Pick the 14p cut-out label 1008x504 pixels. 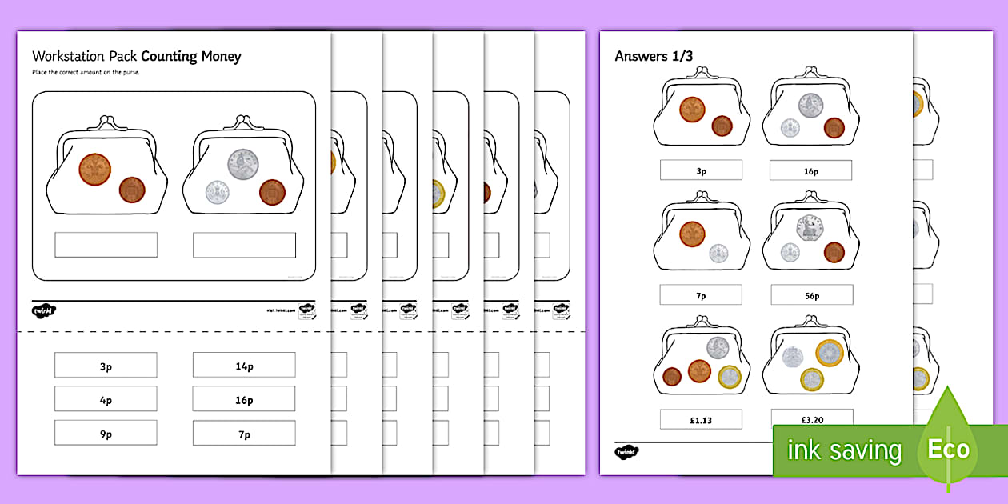coord(244,366)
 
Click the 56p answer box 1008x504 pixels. coord(811,295)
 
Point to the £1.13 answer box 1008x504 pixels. coord(702,419)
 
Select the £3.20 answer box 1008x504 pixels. coord(811,418)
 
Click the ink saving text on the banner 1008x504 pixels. coord(844,450)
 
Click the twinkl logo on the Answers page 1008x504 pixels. coord(626,452)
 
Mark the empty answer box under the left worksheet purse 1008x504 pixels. coord(106,245)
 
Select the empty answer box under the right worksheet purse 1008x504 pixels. coord(244,245)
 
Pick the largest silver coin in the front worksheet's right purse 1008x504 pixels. coord(242,164)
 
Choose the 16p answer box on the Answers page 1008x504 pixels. coord(810,170)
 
